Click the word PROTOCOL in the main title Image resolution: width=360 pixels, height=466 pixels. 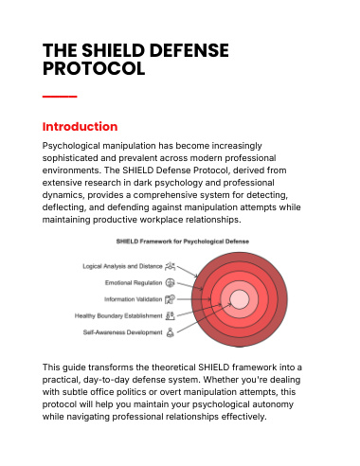[x=94, y=68]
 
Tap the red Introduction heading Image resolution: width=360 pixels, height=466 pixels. [x=80, y=127]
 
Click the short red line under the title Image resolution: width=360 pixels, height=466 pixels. [x=60, y=97]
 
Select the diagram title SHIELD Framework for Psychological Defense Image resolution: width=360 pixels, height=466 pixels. [x=183, y=242]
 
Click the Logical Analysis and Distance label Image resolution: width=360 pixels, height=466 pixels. [x=122, y=266]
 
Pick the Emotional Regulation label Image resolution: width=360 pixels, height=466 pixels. [x=134, y=282]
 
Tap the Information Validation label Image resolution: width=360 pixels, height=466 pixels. [x=133, y=299]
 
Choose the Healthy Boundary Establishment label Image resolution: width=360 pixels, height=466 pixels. [x=118, y=315]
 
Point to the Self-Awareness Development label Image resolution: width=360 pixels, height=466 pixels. [x=122, y=332]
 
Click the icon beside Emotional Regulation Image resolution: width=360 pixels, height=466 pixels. [x=171, y=282]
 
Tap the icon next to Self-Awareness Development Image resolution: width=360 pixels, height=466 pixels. [x=171, y=332]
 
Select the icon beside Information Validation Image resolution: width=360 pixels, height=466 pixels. [x=171, y=299]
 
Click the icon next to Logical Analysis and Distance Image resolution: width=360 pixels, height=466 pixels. [x=171, y=266]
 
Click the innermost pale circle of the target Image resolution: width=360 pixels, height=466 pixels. [x=240, y=299]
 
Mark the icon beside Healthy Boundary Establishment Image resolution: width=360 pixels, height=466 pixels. [x=171, y=315]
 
